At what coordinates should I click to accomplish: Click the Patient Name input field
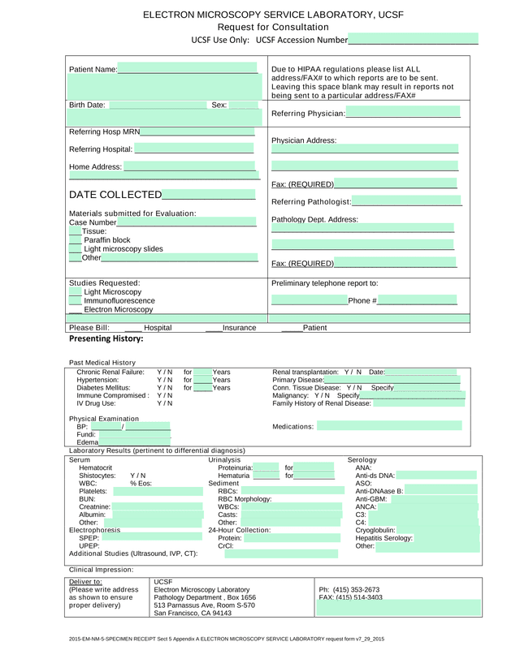pos(188,69)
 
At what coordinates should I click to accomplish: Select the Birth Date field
pos(158,105)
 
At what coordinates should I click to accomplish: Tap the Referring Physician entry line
pos(403,113)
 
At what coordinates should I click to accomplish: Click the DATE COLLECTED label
pos(115,195)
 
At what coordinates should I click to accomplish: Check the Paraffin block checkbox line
pos(75,240)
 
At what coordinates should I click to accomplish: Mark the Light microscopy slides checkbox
pos(75,249)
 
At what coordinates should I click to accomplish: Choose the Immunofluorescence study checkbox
pos(75,300)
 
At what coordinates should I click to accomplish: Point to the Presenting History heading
pos(106,338)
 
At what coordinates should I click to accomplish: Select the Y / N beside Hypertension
pos(164,379)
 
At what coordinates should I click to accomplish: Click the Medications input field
pos(389,426)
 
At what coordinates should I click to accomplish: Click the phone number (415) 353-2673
pos(349,589)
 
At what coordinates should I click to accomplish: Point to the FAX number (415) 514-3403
pos(350,597)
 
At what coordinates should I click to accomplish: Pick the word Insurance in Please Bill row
pos(239,328)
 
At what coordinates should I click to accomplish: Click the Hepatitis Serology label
pos(384,538)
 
